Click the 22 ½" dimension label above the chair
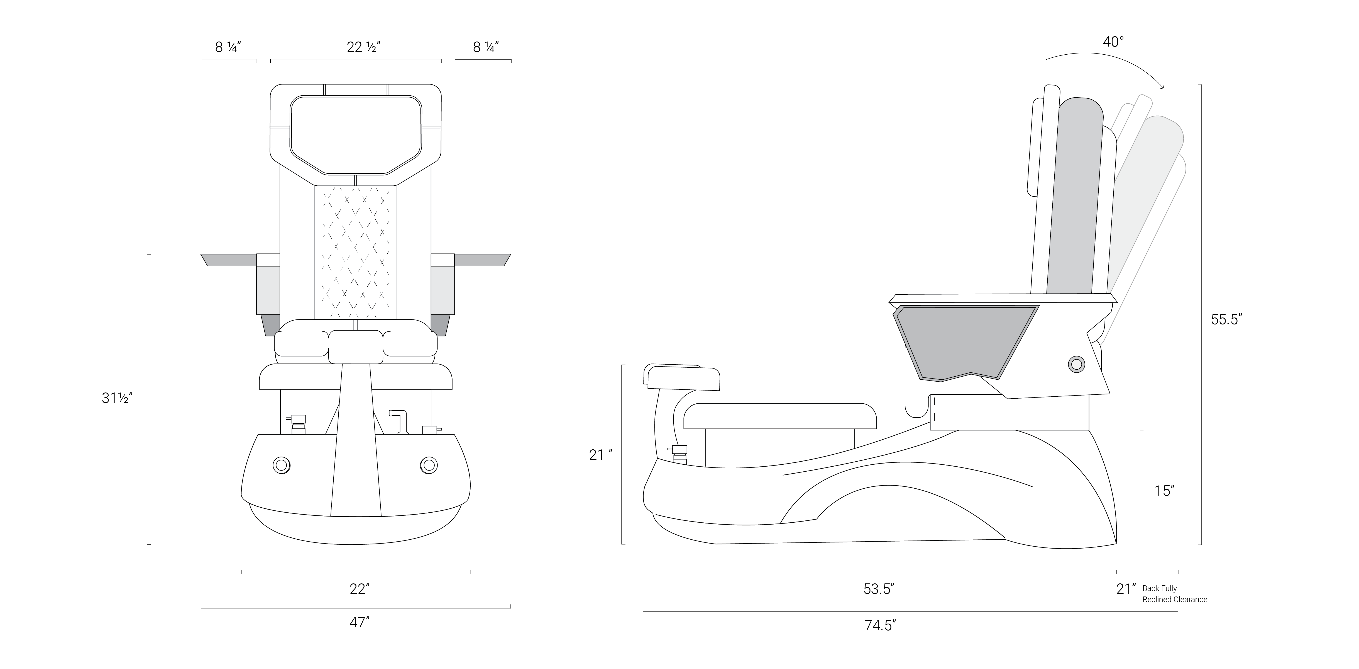(x=363, y=47)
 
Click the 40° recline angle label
(x=1113, y=42)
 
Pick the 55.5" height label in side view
(x=1226, y=319)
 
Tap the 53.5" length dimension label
(x=878, y=589)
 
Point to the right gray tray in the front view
(x=482, y=260)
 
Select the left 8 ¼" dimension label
(x=228, y=47)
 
